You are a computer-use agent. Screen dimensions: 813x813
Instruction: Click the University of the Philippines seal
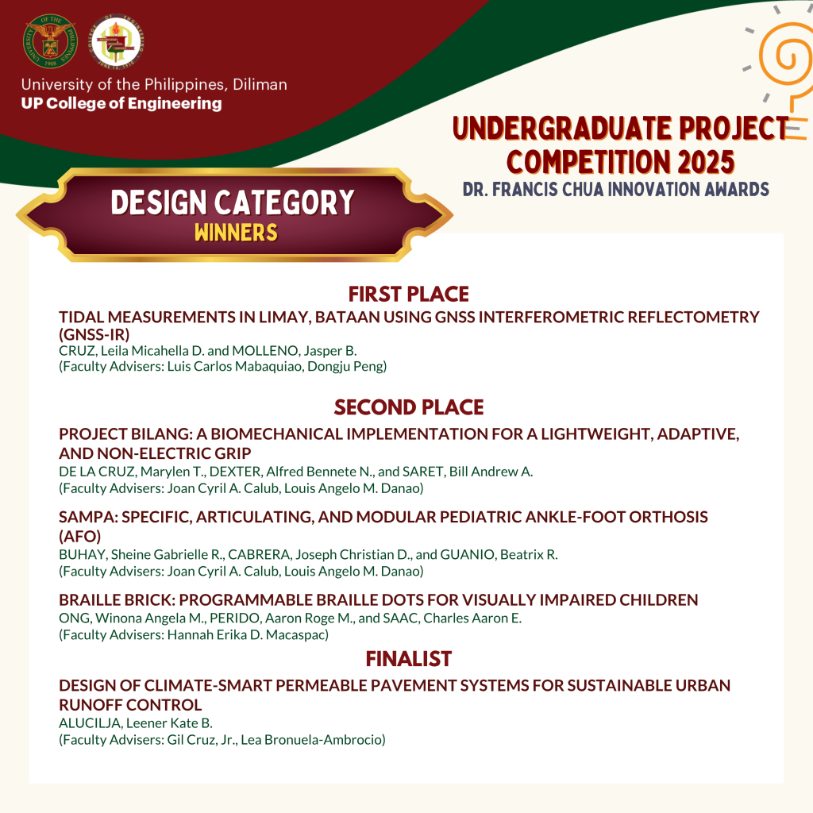coord(50,41)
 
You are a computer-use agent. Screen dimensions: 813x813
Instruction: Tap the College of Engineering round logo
coord(117,41)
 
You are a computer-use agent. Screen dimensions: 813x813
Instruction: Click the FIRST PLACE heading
coord(409,294)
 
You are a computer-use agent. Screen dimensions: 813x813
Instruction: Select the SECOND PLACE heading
coord(409,407)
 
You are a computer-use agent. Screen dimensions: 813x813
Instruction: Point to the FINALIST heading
coord(409,658)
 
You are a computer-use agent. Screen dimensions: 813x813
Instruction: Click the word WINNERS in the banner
coord(237,233)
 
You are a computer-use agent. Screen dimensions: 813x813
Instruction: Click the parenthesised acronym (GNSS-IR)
coord(94,334)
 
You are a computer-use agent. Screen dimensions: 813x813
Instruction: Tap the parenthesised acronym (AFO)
coord(80,536)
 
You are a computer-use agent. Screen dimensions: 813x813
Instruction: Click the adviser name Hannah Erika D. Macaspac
coord(246,635)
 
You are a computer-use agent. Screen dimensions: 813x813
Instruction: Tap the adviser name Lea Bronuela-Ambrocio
coord(311,740)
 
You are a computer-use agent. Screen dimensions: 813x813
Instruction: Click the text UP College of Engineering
coord(121,103)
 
